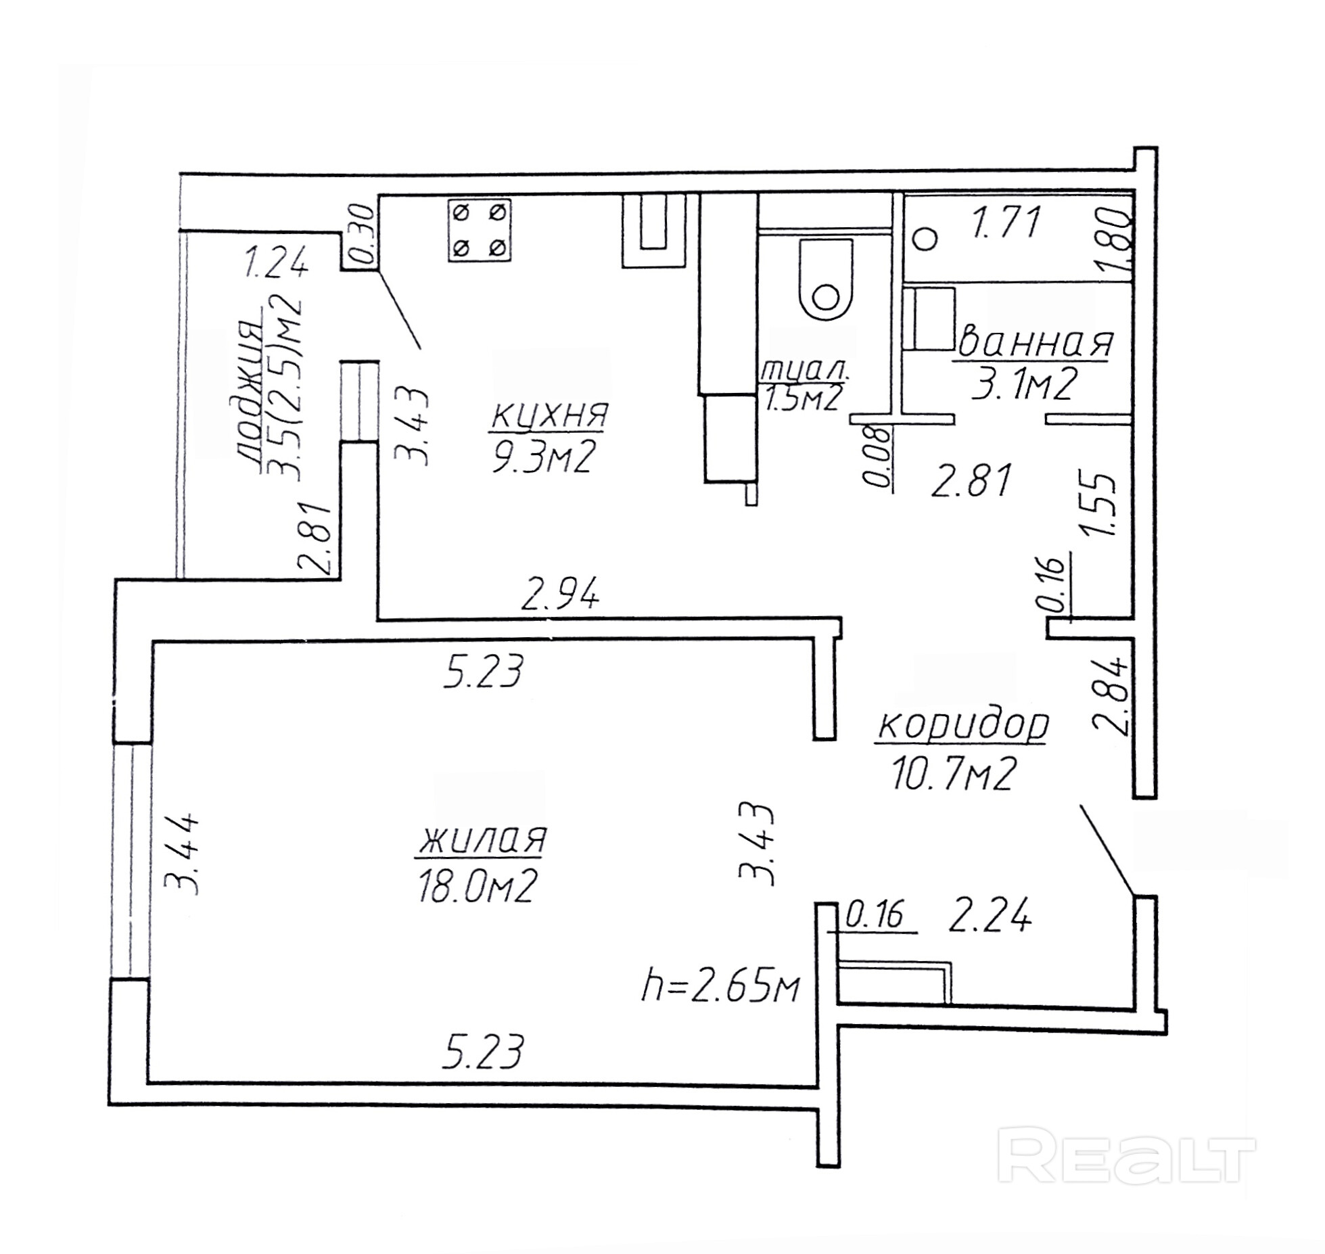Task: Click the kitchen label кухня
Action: [x=549, y=415]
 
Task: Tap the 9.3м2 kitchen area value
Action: [x=543, y=460]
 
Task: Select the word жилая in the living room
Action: [x=482, y=840]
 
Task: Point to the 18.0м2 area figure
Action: [x=478, y=887]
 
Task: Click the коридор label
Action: [x=962, y=726]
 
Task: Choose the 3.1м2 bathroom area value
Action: [x=1023, y=386]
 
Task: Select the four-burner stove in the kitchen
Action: [x=479, y=230]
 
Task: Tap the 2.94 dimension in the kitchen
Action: [x=559, y=595]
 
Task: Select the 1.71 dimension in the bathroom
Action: [x=1005, y=223]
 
